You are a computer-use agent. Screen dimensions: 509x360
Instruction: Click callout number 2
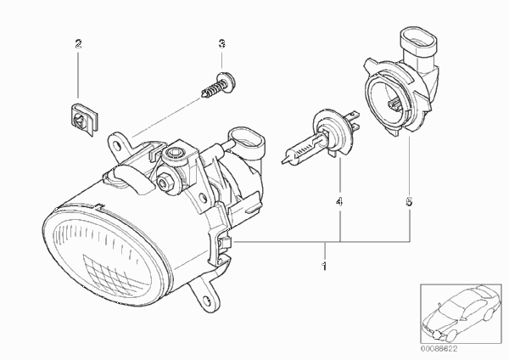[x=78, y=43]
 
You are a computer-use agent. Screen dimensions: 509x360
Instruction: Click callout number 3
[x=221, y=43]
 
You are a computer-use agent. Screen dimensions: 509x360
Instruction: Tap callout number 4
[x=339, y=202]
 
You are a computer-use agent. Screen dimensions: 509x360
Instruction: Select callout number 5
[x=409, y=202]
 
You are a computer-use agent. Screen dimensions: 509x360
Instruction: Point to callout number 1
[x=324, y=267]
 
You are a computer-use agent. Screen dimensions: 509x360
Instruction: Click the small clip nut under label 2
[x=84, y=119]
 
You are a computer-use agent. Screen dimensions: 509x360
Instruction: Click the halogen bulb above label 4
[x=321, y=138]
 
